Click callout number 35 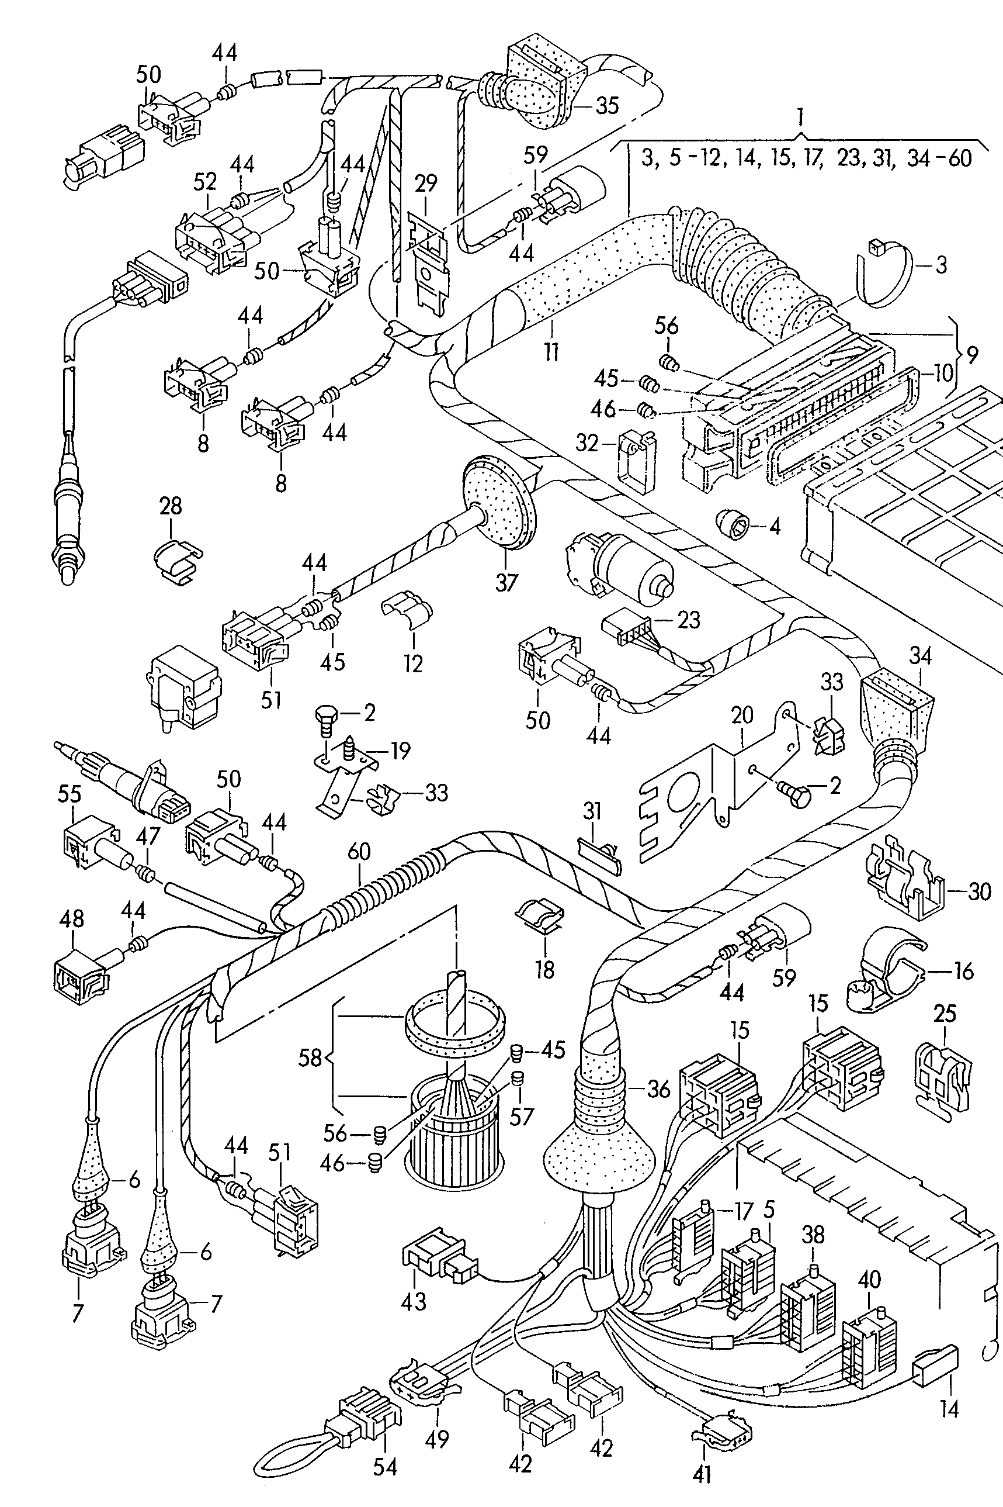coord(606,105)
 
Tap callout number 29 coord(425,184)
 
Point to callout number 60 coord(359,852)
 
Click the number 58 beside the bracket coord(310,1058)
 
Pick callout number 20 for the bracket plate coord(742,716)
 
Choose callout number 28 coord(171,506)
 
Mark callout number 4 coord(775,527)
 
